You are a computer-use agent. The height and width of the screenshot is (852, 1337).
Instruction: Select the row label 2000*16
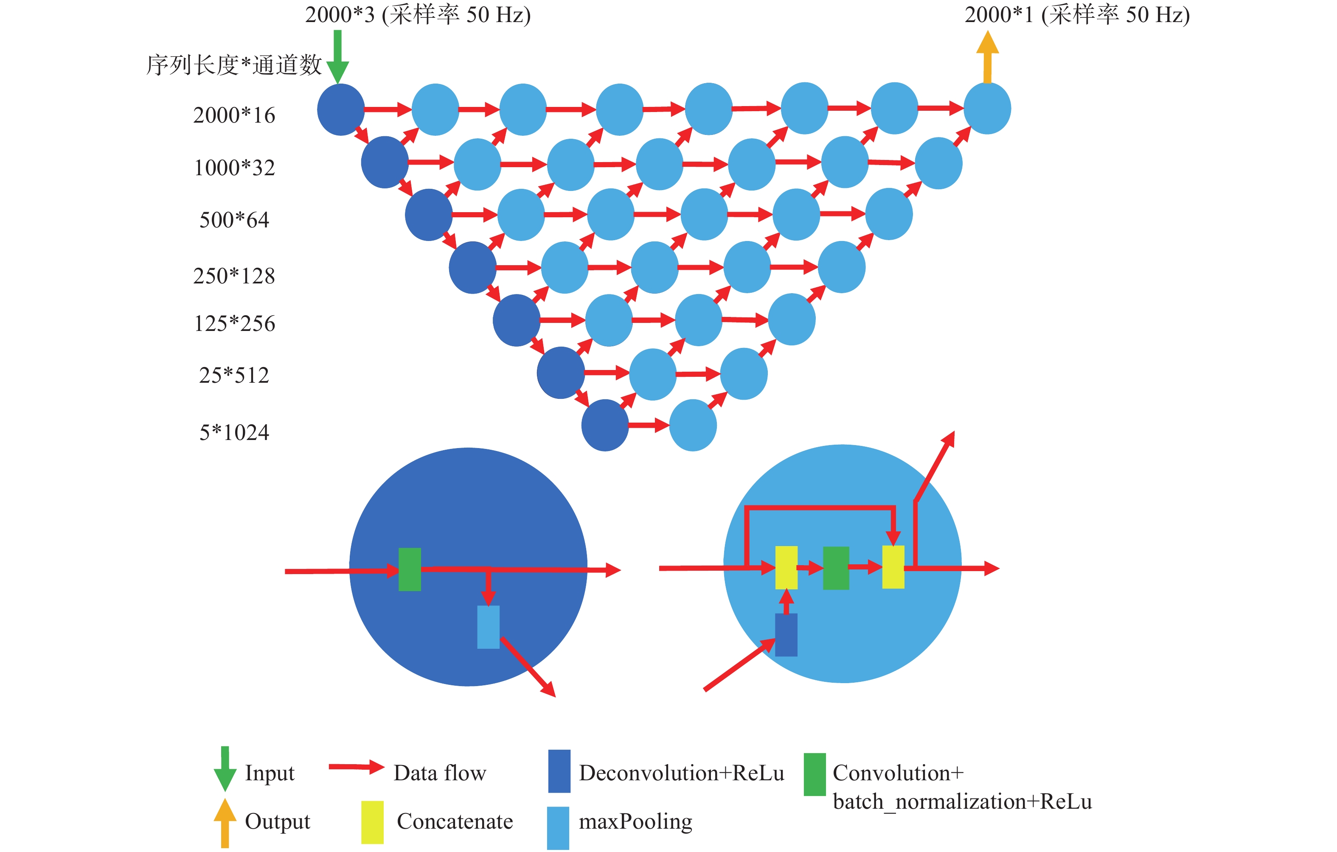tap(234, 115)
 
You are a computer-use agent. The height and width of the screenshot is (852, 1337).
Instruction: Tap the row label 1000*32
tap(234, 168)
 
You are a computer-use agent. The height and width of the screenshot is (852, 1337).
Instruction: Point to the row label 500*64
tap(234, 220)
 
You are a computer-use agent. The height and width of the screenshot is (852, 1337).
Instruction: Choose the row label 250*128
tap(234, 276)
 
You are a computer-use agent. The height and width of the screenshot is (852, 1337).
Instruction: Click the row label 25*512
tap(234, 375)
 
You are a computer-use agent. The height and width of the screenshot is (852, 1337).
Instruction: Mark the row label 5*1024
tap(234, 432)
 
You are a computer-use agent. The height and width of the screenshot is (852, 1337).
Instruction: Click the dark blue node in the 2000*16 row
tap(340, 109)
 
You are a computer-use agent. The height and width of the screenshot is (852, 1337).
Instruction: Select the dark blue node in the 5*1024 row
tap(605, 425)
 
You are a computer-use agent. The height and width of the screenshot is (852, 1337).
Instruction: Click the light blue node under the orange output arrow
tap(987, 108)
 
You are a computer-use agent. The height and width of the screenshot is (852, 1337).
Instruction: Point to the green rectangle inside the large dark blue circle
tap(410, 569)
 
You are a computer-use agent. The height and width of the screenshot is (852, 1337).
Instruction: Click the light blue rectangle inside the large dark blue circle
tap(488, 627)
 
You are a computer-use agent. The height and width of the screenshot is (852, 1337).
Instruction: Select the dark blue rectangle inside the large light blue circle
tap(786, 634)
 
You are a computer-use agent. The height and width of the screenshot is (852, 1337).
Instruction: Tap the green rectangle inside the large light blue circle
tap(836, 568)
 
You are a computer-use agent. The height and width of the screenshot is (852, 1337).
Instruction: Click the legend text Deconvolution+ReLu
tap(681, 773)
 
